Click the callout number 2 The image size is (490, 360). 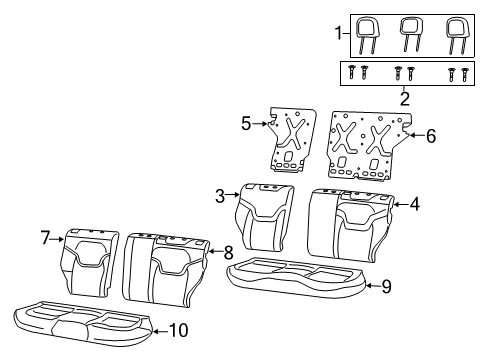[404, 98]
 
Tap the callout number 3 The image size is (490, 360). [218, 196]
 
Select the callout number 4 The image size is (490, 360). [414, 204]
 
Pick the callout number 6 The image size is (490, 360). [431, 134]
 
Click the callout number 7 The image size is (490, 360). [45, 237]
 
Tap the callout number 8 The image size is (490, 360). [228, 252]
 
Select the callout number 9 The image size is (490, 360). [387, 285]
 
